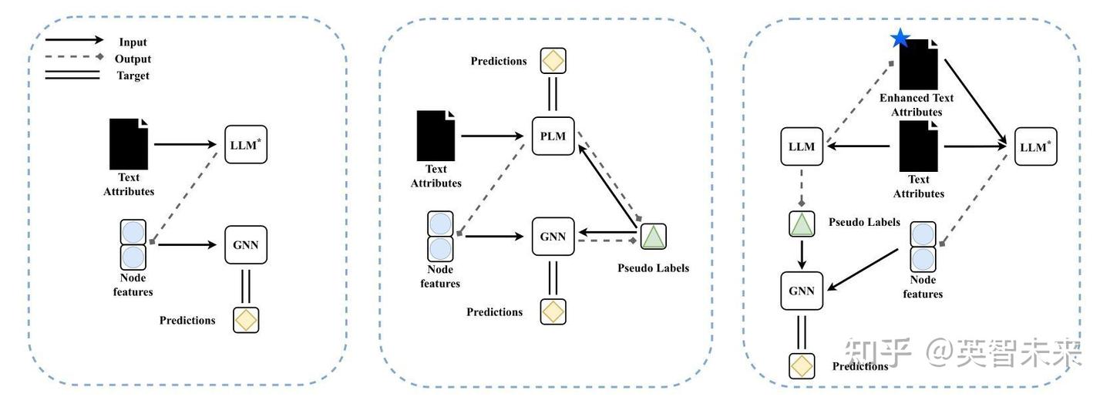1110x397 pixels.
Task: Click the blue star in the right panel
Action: click(900, 38)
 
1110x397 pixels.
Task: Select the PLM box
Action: click(553, 136)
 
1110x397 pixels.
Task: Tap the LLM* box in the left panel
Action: click(246, 144)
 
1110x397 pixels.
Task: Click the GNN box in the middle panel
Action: click(553, 236)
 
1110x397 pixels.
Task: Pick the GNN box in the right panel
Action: click(802, 291)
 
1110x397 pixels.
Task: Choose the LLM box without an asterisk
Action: click(802, 146)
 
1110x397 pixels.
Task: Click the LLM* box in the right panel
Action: click(1035, 146)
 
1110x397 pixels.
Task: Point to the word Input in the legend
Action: click(133, 42)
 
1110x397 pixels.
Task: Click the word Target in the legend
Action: click(133, 76)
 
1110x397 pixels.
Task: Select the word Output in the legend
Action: click(133, 59)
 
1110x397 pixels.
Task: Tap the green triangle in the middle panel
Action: click(653, 236)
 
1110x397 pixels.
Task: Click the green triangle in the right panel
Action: click(802, 224)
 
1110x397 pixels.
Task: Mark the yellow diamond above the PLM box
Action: click(553, 60)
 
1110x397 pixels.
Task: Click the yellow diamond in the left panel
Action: click(246, 320)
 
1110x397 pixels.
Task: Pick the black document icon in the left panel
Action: click(129, 143)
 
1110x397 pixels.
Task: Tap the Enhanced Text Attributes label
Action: click(917, 105)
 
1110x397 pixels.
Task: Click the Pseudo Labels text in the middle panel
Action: click(653, 268)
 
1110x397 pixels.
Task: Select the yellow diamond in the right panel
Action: click(802, 365)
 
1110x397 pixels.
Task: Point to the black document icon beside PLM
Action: click(436, 135)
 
